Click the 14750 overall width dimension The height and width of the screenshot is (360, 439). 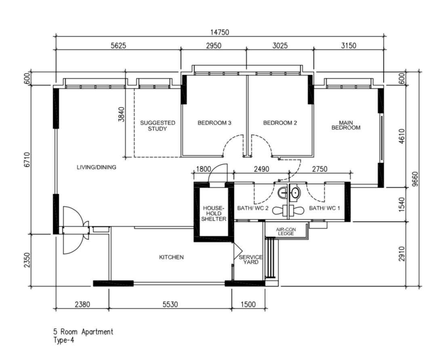[220, 32]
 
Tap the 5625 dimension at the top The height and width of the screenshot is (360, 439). [118, 45]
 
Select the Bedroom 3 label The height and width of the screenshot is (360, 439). [214, 123]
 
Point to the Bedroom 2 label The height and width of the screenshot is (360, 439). [280, 123]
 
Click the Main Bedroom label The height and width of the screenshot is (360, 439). [346, 125]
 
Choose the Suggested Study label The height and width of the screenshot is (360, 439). [158, 126]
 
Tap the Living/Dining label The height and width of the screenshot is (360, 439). [97, 167]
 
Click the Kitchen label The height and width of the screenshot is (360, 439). [171, 257]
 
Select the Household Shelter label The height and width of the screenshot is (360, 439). [214, 213]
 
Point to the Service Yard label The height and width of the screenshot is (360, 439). [250, 260]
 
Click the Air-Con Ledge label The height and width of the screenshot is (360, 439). [286, 231]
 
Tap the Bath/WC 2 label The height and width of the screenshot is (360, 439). [253, 208]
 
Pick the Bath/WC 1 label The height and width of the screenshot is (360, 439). [324, 208]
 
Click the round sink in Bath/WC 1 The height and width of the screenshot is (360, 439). [294, 193]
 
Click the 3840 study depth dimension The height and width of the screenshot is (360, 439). [122, 114]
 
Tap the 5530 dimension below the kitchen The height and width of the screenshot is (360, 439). [170, 304]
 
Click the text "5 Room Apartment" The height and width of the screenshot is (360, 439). [84, 332]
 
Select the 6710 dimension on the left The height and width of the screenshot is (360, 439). [27, 160]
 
